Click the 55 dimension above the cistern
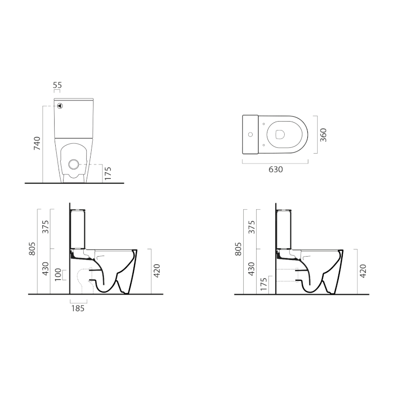[x=57, y=86]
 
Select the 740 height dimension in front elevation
[x=36, y=143]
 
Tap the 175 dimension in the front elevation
[x=108, y=174]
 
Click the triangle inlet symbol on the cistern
[x=60, y=105]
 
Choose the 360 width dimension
[x=324, y=135]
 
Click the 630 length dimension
[x=275, y=169]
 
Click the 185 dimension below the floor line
[x=78, y=308]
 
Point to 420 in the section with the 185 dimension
[x=157, y=271]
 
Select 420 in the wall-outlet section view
[x=364, y=271]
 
